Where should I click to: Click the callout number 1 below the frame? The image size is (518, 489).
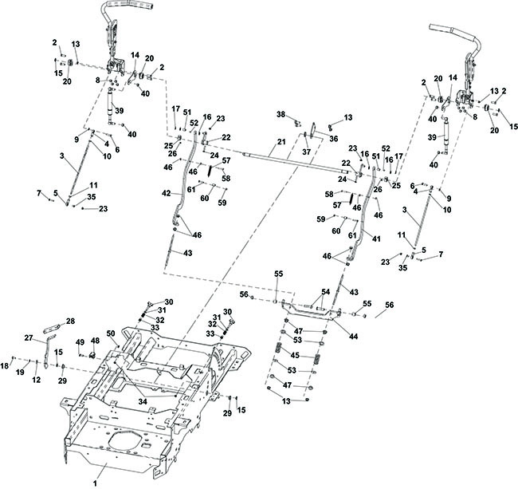tap(95, 483)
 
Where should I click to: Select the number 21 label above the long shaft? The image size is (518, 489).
tap(281, 142)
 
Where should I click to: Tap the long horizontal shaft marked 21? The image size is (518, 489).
tap(295, 163)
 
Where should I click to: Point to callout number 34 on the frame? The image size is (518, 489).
tap(143, 401)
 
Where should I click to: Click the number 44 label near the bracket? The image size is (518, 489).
tap(354, 337)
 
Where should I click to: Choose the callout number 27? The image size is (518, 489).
tap(29, 337)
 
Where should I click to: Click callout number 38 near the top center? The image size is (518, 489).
tap(281, 114)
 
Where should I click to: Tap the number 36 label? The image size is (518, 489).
tap(334, 139)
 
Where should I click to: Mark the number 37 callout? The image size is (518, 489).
tap(307, 152)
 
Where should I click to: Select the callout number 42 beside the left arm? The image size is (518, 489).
tap(167, 193)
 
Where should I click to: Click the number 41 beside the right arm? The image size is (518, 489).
tap(376, 239)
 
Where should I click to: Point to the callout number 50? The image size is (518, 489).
tap(112, 333)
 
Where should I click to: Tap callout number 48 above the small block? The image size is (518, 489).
tap(95, 340)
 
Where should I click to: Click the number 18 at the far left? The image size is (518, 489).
tap(5, 365)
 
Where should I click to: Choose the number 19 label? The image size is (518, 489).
tap(20, 373)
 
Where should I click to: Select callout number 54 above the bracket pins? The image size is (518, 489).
tap(325, 292)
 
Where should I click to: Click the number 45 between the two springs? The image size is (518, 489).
tap(295, 355)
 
